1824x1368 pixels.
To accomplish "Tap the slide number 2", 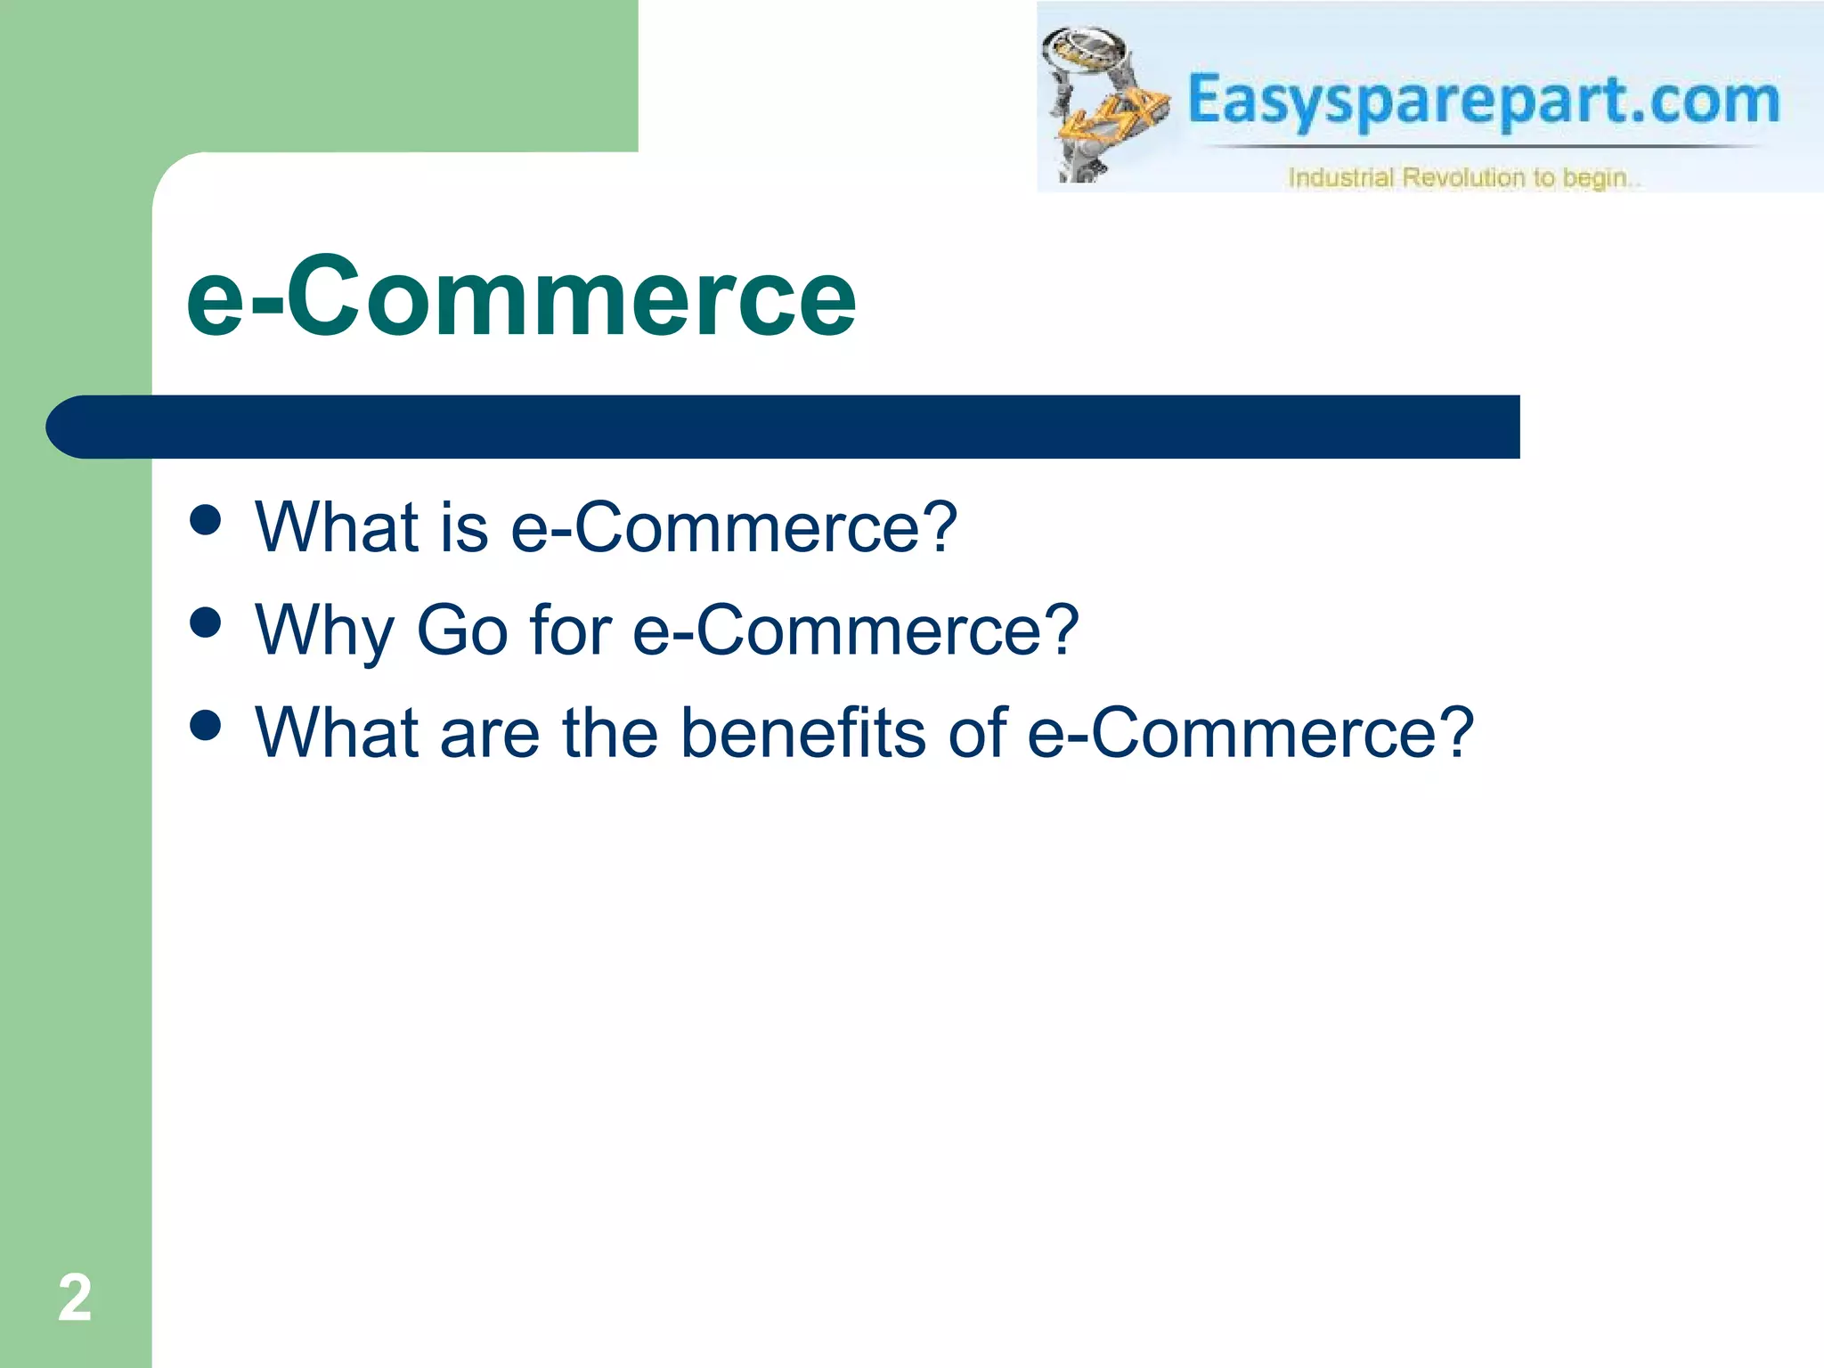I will tap(75, 1298).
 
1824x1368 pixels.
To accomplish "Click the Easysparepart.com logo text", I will tap(1483, 100).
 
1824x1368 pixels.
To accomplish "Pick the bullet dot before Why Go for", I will tap(206, 623).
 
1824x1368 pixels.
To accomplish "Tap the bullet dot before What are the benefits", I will tap(206, 725).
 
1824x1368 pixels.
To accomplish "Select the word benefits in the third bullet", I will tap(802, 732).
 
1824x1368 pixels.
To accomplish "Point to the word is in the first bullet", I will tap(464, 527).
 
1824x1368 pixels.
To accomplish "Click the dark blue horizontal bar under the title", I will tap(784, 427).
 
